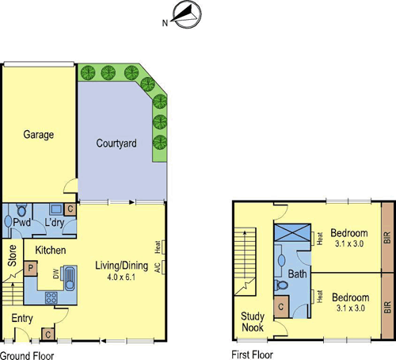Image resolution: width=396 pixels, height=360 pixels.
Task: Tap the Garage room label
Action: point(38,135)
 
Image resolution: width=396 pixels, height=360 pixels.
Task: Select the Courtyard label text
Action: point(116,144)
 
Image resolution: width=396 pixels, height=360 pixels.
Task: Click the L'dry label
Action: point(55,224)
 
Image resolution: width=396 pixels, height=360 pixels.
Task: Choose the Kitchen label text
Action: point(50,251)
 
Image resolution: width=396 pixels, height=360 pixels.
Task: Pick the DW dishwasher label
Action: point(55,275)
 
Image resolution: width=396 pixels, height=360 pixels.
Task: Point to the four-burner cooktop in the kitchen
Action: point(51,297)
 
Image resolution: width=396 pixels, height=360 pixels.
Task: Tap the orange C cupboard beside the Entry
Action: point(48,334)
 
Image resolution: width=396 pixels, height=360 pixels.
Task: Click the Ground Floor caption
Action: point(27,354)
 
